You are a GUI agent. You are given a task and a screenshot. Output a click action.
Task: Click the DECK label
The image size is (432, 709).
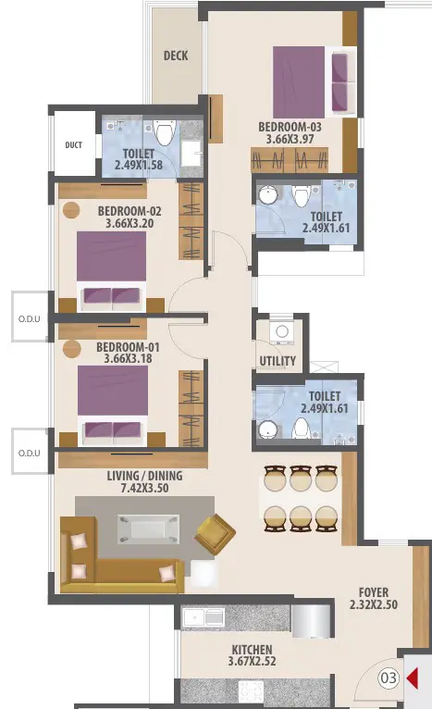click(x=176, y=56)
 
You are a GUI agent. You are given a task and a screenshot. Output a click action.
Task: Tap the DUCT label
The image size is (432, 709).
click(x=74, y=145)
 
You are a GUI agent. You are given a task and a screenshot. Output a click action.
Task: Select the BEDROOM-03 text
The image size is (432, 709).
click(x=290, y=127)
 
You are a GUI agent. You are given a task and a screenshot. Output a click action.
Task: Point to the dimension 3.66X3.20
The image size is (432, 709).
click(x=130, y=223)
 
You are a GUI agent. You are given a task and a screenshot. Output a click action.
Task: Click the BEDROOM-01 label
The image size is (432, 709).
click(x=128, y=347)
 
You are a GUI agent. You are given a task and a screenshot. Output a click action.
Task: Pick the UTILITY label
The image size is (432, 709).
click(x=278, y=361)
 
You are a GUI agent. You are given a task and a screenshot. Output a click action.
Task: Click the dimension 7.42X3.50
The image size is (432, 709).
click(x=144, y=488)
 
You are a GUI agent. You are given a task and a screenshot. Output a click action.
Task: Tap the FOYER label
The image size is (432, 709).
click(x=374, y=592)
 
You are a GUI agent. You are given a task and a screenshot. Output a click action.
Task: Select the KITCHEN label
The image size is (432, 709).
click(x=252, y=650)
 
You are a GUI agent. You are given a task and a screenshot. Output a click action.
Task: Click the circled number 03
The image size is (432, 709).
click(x=389, y=678)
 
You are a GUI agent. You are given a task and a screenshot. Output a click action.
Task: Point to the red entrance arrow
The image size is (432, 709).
click(x=413, y=678)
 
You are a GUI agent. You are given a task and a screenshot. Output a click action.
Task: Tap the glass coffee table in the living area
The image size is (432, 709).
click(x=148, y=529)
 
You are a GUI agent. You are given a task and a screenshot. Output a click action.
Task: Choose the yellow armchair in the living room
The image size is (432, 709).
click(x=215, y=534)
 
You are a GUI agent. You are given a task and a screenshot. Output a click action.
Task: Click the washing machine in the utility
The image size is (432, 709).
click(x=282, y=332)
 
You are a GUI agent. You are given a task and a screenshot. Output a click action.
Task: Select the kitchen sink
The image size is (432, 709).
click(x=203, y=617)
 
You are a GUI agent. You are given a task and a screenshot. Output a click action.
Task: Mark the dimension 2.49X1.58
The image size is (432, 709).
click(x=138, y=165)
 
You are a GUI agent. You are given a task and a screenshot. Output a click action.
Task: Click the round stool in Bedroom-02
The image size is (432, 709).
click(x=71, y=210)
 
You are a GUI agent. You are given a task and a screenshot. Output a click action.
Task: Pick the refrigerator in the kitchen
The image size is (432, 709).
click(x=311, y=621)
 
